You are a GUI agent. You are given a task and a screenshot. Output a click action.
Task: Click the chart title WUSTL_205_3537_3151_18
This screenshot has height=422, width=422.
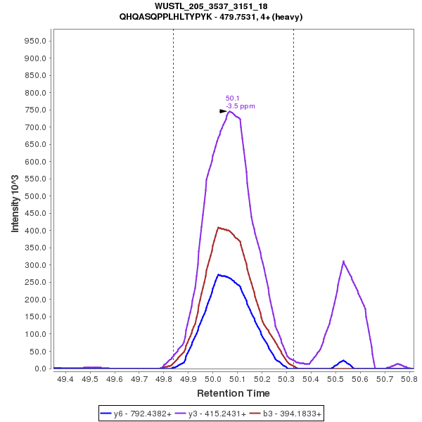point(211,6)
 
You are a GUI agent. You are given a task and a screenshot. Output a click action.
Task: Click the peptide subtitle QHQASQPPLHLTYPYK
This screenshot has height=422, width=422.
point(211,16)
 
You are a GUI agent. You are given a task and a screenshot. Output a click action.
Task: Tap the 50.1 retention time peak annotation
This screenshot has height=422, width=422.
point(232,98)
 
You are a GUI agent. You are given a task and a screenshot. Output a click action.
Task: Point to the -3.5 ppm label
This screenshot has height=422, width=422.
point(241,106)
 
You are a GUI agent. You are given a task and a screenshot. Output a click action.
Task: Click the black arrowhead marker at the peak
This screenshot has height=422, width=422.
point(223,111)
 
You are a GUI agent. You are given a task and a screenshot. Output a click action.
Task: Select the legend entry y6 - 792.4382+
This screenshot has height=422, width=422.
point(136,414)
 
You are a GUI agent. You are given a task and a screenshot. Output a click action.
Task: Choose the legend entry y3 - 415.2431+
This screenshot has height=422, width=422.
point(215,414)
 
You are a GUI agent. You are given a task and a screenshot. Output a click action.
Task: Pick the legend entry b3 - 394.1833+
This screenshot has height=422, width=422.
point(290,414)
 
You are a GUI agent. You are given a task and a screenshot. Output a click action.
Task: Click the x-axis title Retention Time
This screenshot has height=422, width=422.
point(233,393)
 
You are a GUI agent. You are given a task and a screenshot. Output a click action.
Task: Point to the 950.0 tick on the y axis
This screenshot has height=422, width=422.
point(35,41)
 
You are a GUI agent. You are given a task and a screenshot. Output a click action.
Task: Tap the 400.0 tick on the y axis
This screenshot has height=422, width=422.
point(35,231)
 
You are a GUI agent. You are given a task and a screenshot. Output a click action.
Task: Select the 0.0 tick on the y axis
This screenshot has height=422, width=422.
point(40,369)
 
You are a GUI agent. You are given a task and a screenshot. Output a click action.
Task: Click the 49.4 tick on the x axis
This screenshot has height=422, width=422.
point(65,378)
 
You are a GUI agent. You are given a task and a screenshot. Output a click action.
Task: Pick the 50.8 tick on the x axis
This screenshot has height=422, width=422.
point(409,378)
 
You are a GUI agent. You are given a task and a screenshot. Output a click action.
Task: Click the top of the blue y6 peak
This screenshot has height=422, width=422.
point(219,275)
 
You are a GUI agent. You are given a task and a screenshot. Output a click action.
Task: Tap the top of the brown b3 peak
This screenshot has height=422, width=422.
point(219,227)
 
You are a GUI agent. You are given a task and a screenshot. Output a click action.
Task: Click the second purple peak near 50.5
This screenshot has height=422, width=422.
point(343,262)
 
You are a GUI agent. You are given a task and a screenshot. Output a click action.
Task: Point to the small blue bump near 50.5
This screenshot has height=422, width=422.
point(343,360)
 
